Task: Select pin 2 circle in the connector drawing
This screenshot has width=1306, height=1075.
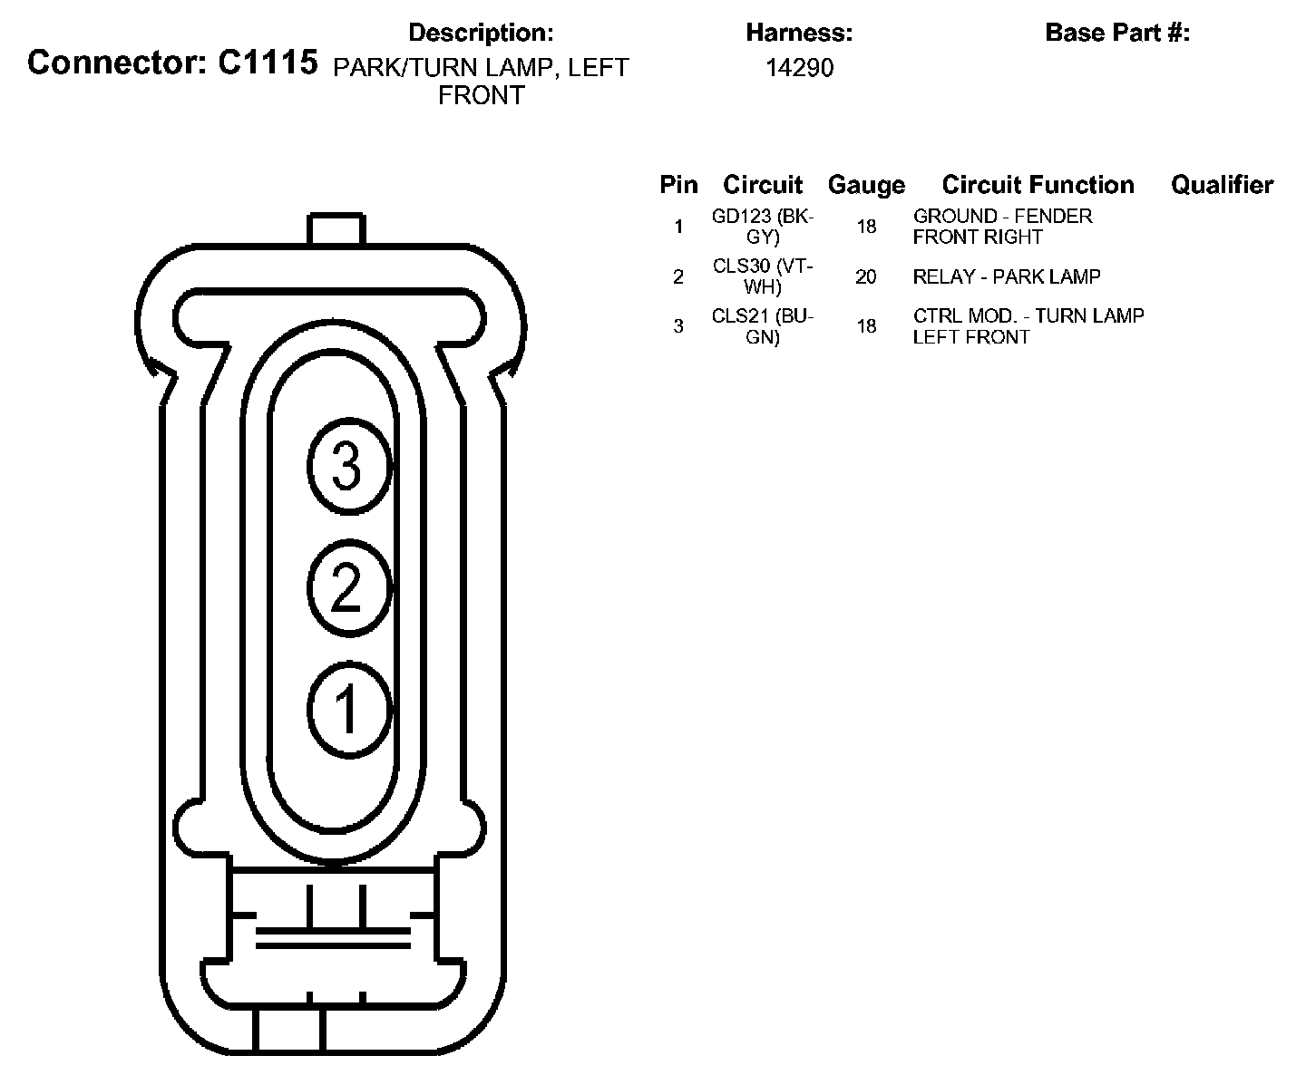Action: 348,587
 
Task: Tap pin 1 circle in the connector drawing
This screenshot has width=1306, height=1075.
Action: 348,709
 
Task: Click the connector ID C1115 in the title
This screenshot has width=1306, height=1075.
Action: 268,63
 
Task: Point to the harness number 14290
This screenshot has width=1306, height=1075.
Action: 799,68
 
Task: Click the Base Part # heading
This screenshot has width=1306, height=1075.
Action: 1117,34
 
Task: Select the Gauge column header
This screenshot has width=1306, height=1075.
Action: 866,186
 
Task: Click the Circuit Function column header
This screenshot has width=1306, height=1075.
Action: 1038,186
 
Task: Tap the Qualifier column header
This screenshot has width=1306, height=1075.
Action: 1222,186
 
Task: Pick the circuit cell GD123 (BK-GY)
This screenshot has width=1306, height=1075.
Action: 763,227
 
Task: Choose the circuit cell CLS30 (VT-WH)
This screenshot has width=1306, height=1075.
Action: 763,276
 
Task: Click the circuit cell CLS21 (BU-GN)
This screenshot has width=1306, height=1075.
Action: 763,326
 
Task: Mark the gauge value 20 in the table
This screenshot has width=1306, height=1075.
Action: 866,276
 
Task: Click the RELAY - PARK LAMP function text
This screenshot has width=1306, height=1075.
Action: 1007,276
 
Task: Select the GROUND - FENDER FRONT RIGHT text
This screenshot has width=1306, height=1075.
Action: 1002,227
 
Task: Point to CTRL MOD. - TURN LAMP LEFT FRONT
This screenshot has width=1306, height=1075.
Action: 1028,326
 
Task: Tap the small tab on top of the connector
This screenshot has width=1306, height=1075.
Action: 336,229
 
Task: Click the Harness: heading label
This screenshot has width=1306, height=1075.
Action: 799,34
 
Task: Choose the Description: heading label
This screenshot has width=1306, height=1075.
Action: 481,34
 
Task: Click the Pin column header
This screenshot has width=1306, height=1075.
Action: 678,186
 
